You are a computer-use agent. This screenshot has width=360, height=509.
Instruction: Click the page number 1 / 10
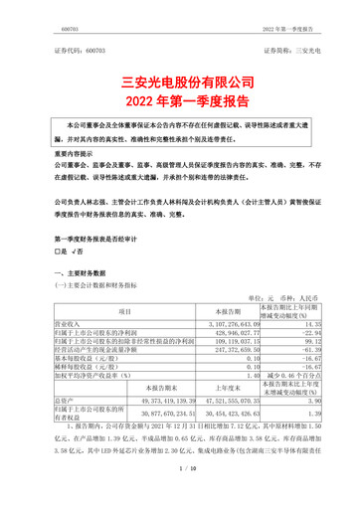(179, 495)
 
